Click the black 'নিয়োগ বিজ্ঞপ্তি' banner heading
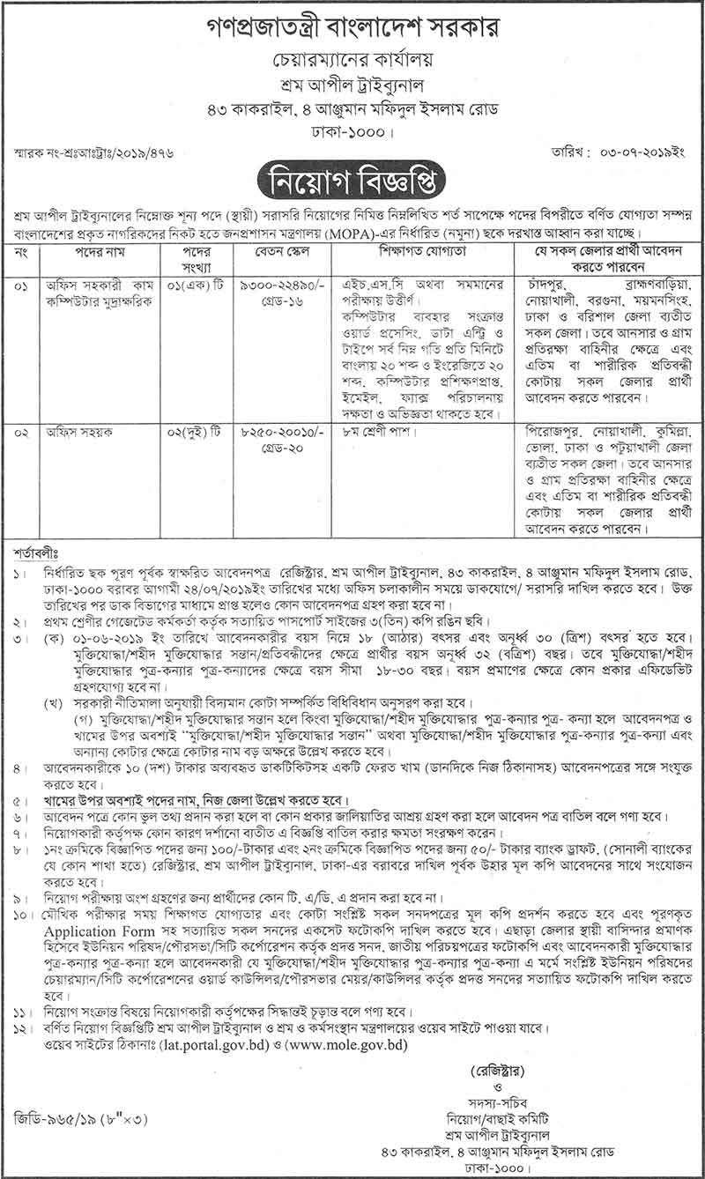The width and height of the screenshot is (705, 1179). (x=352, y=182)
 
